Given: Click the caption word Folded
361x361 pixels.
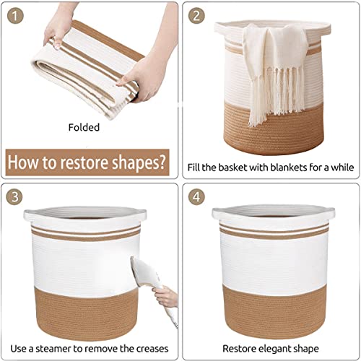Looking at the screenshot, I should (x=84, y=127).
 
